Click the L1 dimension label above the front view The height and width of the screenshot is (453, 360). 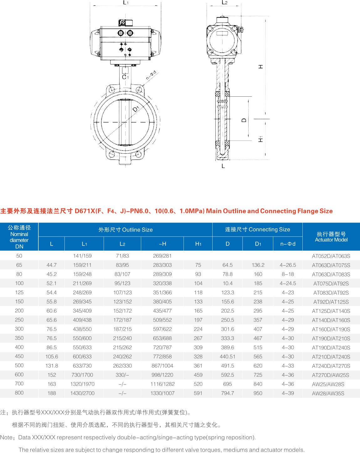(126, 3)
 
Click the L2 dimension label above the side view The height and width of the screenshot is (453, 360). (224, 3)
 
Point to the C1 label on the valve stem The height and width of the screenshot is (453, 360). (125, 77)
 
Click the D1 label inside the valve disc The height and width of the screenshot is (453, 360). (136, 109)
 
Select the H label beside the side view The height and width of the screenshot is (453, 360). (260, 67)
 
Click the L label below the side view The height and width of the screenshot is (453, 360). (223, 166)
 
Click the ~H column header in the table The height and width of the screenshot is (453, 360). (162, 244)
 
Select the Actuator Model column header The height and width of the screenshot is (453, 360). (331, 237)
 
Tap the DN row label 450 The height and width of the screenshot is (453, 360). (19, 356)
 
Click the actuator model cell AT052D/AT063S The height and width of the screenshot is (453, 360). (331, 256)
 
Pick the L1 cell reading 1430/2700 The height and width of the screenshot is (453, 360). (82, 393)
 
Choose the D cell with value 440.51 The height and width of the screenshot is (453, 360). (228, 356)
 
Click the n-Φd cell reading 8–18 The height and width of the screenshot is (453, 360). (288, 274)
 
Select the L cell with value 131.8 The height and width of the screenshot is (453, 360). (52, 365)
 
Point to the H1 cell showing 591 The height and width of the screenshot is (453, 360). (198, 393)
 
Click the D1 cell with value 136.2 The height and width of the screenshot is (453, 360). (258, 265)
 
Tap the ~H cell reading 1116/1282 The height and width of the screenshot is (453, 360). (162, 384)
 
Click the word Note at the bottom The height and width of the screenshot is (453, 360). (6, 437)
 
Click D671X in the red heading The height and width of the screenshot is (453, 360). (85, 211)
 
